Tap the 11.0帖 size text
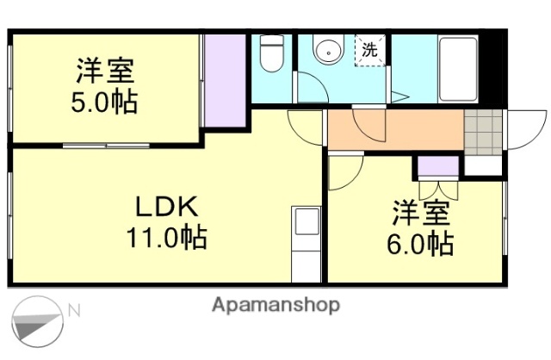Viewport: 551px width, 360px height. coord(169,237)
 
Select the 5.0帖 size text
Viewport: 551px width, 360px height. coord(103,103)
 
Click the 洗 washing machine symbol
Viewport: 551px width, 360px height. coord(369,50)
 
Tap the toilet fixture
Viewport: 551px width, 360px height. coord(272,53)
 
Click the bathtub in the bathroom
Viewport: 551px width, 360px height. coord(457,69)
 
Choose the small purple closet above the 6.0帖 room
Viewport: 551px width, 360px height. coord(436,166)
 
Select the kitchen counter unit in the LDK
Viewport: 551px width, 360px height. coord(306,245)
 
